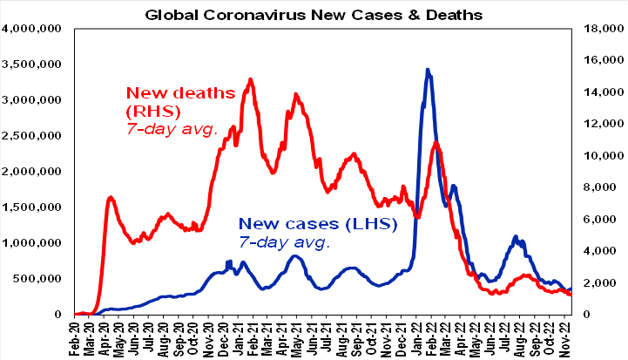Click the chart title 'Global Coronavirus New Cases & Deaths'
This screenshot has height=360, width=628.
pos(313,14)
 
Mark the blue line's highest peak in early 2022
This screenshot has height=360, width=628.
pos(427,69)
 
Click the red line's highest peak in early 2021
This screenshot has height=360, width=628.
pos(250,79)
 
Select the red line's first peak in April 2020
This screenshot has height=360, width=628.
pos(111,198)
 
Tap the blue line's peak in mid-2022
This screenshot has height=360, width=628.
pos(516,236)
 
